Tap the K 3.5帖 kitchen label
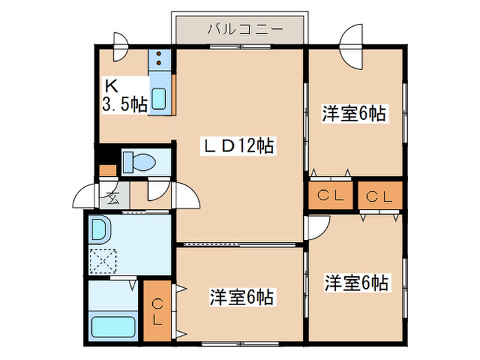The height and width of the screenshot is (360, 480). (x=124, y=95)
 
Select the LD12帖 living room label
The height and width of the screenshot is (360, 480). (x=238, y=145)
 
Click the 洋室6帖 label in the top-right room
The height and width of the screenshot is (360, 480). (x=355, y=114)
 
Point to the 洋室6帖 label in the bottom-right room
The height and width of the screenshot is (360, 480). (x=357, y=282)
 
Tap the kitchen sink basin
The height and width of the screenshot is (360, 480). (x=158, y=99)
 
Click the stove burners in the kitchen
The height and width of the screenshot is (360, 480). (x=158, y=61)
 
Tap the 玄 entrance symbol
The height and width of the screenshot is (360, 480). (x=110, y=200)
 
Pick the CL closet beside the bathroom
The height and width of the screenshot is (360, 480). (x=157, y=311)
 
